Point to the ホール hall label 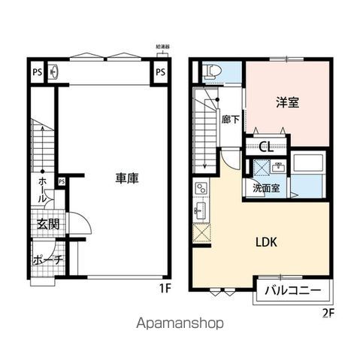(x=42, y=190)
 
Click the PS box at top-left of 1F (x=36, y=72)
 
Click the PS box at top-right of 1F (x=162, y=72)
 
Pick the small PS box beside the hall (x=62, y=180)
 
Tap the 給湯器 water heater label (x=162, y=46)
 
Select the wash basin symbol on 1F (x=53, y=72)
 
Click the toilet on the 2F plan (x=212, y=71)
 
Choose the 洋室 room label (x=287, y=103)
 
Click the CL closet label (x=265, y=146)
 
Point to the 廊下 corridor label (x=231, y=119)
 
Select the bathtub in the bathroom (x=308, y=164)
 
